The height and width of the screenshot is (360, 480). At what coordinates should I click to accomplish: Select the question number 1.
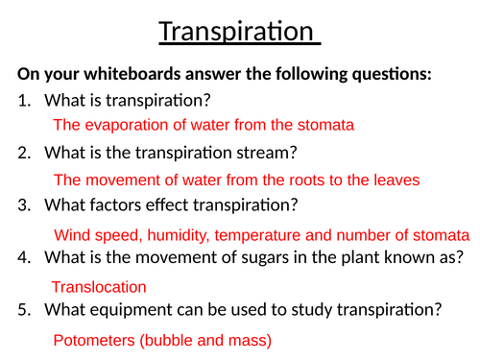tap(23, 100)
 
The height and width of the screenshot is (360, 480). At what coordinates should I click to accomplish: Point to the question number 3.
tap(23, 204)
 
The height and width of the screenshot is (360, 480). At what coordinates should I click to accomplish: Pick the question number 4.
tap(23, 257)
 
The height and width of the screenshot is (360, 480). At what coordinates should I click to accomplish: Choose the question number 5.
tap(23, 310)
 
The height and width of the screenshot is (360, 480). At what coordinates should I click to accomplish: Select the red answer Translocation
tap(99, 287)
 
